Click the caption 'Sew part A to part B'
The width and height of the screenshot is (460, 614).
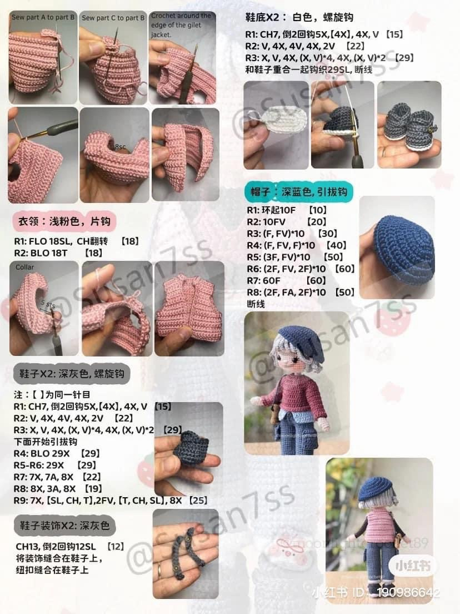(43, 17)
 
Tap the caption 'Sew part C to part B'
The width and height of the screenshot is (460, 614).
(113, 18)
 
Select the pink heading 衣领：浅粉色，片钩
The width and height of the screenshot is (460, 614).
(64, 221)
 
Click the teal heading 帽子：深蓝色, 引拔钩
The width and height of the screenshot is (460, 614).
(299, 192)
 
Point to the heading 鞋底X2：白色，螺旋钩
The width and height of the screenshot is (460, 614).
(299, 17)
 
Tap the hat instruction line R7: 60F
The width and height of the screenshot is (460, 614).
(286, 280)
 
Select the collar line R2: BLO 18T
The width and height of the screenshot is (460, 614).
(58, 252)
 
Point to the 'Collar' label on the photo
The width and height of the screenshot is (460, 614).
(24, 268)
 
